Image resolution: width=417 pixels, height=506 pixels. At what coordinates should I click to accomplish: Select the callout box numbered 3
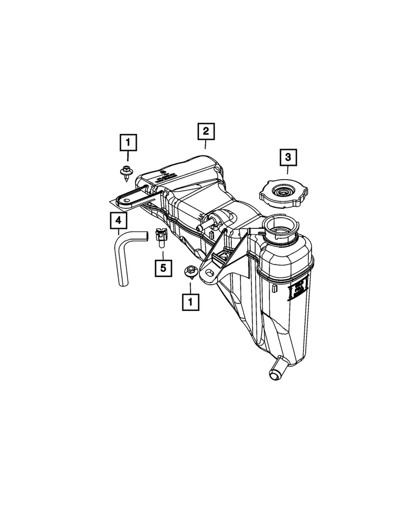pyautogui.click(x=288, y=157)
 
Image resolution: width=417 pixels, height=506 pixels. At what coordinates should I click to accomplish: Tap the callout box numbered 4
pyautogui.click(x=119, y=220)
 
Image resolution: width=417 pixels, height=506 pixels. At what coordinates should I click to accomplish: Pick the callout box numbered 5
pyautogui.click(x=163, y=268)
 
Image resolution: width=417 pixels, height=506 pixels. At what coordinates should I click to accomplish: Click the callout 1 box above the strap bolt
pyautogui.click(x=128, y=142)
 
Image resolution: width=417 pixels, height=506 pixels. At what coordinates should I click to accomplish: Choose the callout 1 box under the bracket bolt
pyautogui.click(x=190, y=301)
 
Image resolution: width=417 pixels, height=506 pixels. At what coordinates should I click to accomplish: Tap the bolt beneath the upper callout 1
pyautogui.click(x=126, y=171)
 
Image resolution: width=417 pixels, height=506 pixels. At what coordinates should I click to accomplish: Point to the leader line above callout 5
pyautogui.click(x=163, y=254)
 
